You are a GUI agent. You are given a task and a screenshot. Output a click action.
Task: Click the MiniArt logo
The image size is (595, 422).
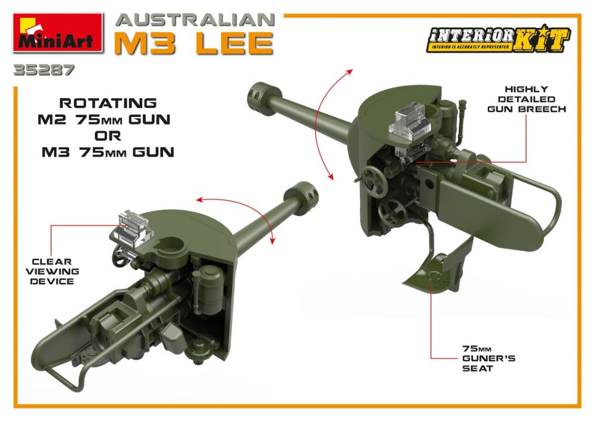[58, 32]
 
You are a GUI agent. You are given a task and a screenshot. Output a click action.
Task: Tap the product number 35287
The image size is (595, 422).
[43, 70]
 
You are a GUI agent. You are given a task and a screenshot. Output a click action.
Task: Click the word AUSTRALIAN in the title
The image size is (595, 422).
[195, 20]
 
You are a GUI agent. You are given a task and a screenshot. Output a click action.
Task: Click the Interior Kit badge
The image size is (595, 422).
[498, 38]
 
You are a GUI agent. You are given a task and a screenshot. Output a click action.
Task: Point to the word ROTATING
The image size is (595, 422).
[108, 103]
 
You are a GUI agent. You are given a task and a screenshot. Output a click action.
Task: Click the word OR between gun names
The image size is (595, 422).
[108, 136]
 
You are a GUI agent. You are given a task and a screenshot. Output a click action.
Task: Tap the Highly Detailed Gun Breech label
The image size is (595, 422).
[527, 99]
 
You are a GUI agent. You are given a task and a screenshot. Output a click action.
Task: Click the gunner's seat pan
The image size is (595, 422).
[434, 272]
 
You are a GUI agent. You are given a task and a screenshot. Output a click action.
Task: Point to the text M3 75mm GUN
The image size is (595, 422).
[108, 152]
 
